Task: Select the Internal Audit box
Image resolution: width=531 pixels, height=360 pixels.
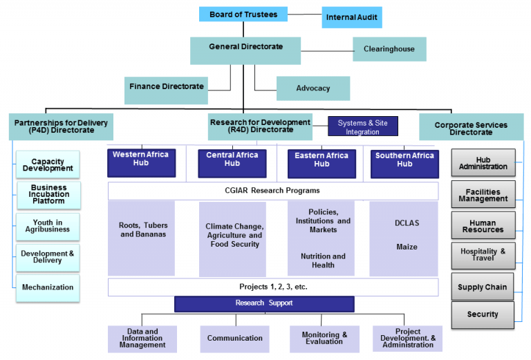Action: tap(351, 17)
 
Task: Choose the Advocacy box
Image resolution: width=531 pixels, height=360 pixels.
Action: tap(313, 88)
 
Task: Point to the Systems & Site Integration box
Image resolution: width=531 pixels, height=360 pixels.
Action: tap(362, 127)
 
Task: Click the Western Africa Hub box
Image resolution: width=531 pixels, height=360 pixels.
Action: tap(141, 162)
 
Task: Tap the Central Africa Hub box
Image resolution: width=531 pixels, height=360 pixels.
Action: tap(232, 163)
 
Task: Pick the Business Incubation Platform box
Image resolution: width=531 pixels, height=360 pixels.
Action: tap(48, 195)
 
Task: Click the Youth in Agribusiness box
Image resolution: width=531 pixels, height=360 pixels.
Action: tap(48, 227)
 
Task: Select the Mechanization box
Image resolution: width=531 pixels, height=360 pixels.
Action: tap(48, 287)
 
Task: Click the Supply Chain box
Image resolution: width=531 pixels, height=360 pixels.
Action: tap(482, 287)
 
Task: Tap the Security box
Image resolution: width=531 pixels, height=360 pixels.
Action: tap(482, 314)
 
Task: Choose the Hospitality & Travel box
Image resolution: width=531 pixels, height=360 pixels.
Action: tap(482, 256)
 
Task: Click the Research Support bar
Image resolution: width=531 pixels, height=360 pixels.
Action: tap(264, 303)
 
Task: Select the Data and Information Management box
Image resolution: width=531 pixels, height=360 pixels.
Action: tap(142, 339)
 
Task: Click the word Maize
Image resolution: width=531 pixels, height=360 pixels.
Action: tap(406, 247)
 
